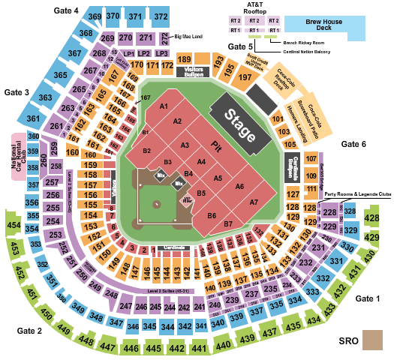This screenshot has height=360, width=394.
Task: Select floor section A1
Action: (x=162, y=106)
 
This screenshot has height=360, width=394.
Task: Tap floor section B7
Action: (x=227, y=223)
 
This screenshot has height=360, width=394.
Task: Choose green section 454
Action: (x=13, y=224)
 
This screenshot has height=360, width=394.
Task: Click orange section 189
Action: (x=184, y=60)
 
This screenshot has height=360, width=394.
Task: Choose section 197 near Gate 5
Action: (x=244, y=76)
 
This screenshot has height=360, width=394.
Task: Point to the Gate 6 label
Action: (x=353, y=144)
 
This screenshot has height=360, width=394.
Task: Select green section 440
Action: (x=223, y=345)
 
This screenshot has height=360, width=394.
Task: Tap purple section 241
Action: (x=199, y=306)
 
